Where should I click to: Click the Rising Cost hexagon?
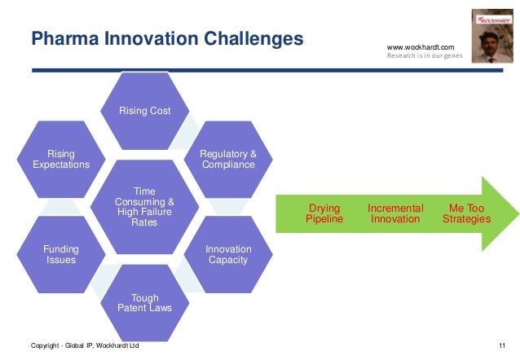pyautogui.click(x=145, y=111)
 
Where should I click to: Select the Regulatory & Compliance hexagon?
pyautogui.click(x=230, y=159)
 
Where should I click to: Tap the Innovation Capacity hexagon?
pyautogui.click(x=228, y=254)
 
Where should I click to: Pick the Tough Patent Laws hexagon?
pyautogui.click(x=145, y=303)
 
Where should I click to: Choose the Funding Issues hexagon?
pyautogui.click(x=61, y=254)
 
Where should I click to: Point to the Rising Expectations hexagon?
pyautogui.click(x=61, y=159)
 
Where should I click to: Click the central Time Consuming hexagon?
pyautogui.click(x=144, y=207)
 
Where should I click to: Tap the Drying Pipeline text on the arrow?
pyautogui.click(x=324, y=214)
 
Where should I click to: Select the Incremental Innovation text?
pyautogui.click(x=394, y=214)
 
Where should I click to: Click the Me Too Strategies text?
pyautogui.click(x=466, y=214)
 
